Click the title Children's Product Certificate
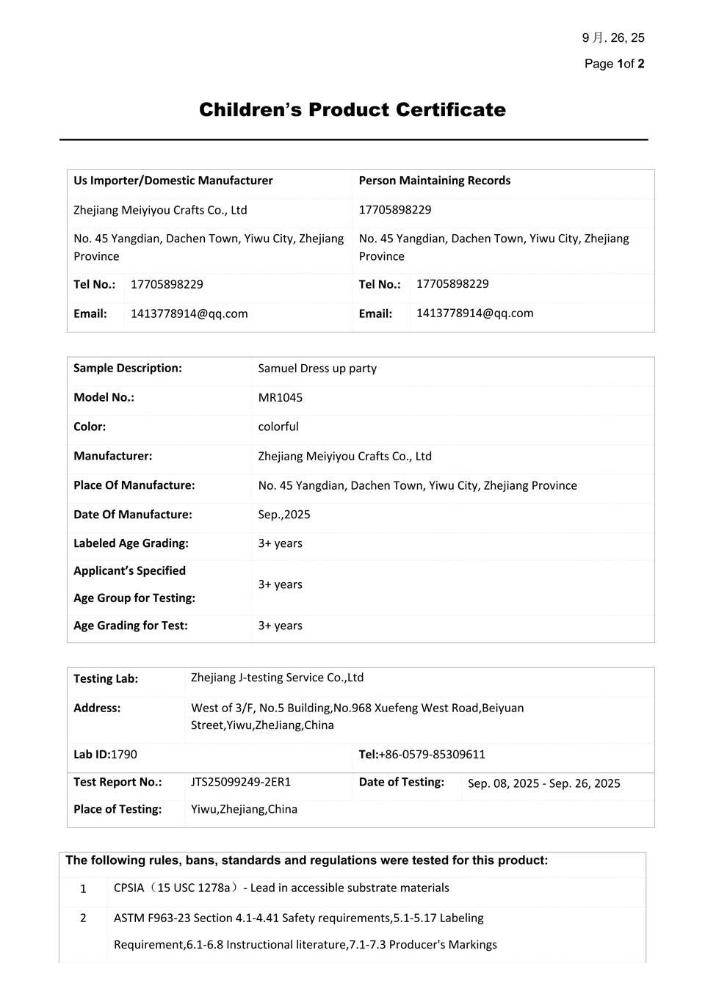352,110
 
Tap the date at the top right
613,38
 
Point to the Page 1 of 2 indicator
614,64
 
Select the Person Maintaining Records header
434,181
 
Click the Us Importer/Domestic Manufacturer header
173,181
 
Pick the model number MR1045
280,398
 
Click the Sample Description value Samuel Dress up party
317,369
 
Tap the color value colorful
278,427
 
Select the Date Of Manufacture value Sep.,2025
283,515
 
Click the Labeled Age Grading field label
131,543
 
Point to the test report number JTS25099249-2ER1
240,782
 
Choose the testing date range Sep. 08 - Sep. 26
543,783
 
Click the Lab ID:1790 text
105,755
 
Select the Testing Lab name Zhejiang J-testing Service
277,678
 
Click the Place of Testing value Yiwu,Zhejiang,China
244,809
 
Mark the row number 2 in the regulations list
83,918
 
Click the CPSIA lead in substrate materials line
281,888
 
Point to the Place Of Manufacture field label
134,485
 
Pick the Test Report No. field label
117,782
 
